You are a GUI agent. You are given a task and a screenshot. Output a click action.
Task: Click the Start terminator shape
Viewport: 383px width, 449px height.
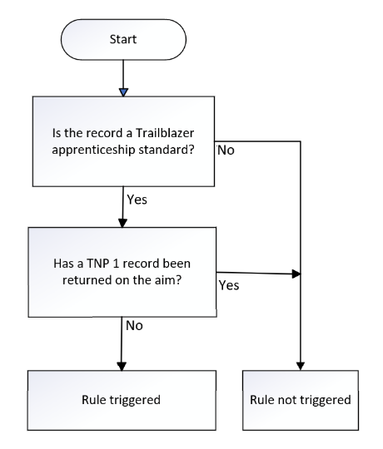point(123,40)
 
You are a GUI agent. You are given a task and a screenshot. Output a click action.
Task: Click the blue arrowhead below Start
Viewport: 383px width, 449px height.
point(123,92)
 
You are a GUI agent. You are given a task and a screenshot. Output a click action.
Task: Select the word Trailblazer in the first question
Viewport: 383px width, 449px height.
point(165,133)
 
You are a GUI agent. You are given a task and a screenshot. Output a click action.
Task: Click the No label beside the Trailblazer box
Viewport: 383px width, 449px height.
point(226,150)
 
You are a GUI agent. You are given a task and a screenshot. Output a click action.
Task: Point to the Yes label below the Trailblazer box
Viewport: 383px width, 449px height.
point(137,200)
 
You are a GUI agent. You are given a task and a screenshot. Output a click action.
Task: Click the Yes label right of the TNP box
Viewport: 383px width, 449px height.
point(229,285)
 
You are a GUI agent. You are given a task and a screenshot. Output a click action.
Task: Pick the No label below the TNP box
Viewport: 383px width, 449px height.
point(134,326)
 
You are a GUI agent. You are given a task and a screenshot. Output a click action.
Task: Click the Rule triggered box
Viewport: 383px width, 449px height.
point(122,400)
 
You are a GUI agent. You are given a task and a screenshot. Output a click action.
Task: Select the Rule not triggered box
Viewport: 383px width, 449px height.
point(301,400)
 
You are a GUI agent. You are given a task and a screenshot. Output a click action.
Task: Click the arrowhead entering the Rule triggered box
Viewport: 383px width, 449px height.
point(122,366)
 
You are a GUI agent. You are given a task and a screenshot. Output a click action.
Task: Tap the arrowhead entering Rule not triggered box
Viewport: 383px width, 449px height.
point(301,366)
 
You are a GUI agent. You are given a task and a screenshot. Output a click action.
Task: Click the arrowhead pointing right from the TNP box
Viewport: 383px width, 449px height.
point(296,274)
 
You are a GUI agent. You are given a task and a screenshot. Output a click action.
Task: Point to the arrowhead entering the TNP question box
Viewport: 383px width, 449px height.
point(122,223)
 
